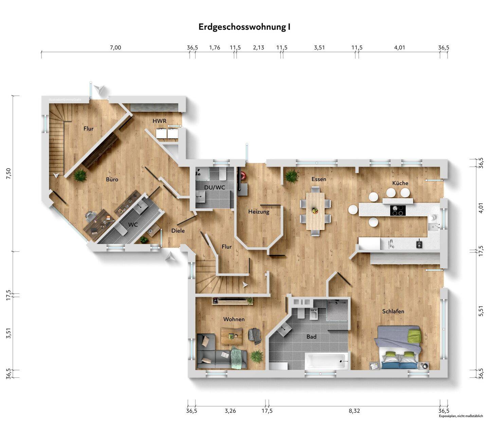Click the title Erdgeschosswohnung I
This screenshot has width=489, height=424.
(244, 27)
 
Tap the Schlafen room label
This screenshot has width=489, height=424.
(393, 311)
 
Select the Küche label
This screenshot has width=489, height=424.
(400, 183)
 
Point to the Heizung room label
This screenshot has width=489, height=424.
(259, 212)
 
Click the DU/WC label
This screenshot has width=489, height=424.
(215, 188)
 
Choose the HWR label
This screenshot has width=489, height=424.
(159, 121)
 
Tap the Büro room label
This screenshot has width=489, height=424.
(112, 179)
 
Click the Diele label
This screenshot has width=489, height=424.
(178, 231)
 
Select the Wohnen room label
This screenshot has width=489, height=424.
(234, 319)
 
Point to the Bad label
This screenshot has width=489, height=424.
(311, 336)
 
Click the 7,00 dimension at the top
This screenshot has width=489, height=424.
(115, 48)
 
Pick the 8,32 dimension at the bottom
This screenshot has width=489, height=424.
(354, 411)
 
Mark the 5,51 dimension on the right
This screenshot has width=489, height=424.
(481, 311)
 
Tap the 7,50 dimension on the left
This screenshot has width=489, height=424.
(8, 174)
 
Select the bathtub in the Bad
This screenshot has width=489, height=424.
(326, 361)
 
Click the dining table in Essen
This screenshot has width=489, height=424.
(315, 211)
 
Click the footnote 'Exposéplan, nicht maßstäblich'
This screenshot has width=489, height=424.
(461, 416)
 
